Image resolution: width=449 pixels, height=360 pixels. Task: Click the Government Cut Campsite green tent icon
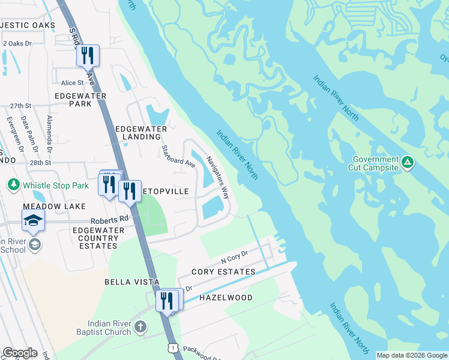click(x=408, y=162)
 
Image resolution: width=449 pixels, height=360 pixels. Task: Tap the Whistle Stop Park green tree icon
click(x=13, y=184)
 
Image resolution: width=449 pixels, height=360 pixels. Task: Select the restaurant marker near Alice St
click(x=88, y=56)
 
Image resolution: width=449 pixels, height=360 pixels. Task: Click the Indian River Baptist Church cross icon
click(x=140, y=327)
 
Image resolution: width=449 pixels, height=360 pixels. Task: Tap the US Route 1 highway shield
click(x=173, y=348)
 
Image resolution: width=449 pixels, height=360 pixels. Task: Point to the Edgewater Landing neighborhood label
click(x=138, y=133)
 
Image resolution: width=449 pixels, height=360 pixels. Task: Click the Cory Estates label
click(x=223, y=272)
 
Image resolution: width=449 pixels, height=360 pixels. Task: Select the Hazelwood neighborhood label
click(x=226, y=298)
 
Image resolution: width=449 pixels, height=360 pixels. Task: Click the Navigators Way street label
click(x=218, y=177)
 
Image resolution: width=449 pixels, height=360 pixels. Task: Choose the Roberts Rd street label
click(x=110, y=220)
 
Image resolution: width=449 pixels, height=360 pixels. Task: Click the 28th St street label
click(x=40, y=163)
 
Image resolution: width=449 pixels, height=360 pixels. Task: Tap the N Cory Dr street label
click(x=235, y=258)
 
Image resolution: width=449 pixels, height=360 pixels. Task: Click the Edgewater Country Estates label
click(x=95, y=238)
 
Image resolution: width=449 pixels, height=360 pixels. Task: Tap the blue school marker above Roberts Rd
click(x=33, y=221)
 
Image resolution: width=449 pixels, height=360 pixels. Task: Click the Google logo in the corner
click(x=20, y=353)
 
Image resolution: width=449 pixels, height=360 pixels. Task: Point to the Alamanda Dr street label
click(x=50, y=133)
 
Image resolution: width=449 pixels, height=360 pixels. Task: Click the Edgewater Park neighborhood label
click(x=80, y=100)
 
